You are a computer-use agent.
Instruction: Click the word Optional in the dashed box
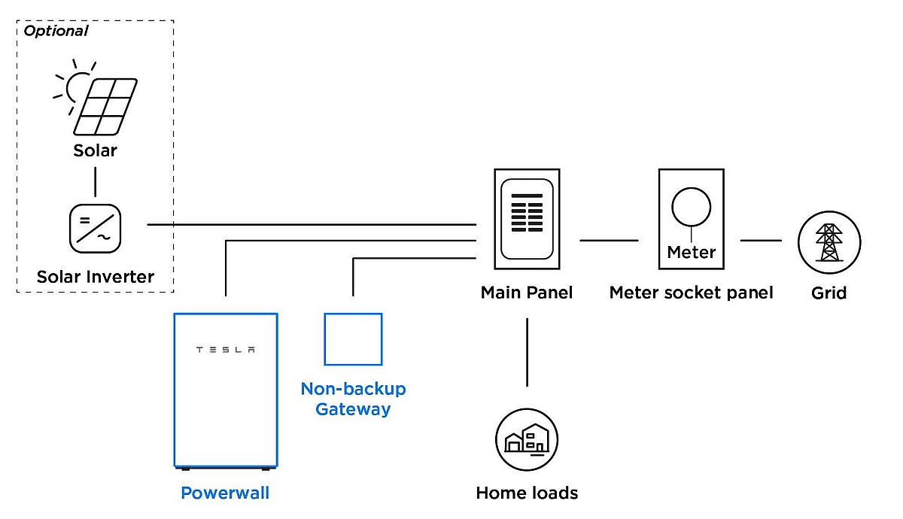[56, 31]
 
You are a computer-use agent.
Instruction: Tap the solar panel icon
[105, 107]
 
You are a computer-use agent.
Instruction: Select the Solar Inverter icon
[95, 229]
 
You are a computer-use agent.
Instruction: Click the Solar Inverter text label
[96, 277]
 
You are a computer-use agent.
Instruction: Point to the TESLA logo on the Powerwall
[225, 349]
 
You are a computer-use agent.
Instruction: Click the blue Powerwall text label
[225, 493]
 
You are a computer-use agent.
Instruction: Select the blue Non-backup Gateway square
[353, 314]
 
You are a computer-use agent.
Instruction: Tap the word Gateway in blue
[353, 409]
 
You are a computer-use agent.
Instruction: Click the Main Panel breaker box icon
[527, 219]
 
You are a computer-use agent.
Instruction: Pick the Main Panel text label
[527, 293]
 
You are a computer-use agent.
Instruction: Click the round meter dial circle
[692, 188]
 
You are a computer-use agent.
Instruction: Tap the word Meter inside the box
[692, 253]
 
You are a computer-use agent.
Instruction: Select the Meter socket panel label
[691, 293]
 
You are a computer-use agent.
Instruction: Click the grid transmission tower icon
[829, 242]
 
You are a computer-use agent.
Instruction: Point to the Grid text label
[829, 293]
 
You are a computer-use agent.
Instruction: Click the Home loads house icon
[527, 439]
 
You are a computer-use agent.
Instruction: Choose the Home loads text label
[527, 493]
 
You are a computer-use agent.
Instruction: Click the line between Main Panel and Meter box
[609, 240]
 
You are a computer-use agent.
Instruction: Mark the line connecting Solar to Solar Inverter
[95, 182]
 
